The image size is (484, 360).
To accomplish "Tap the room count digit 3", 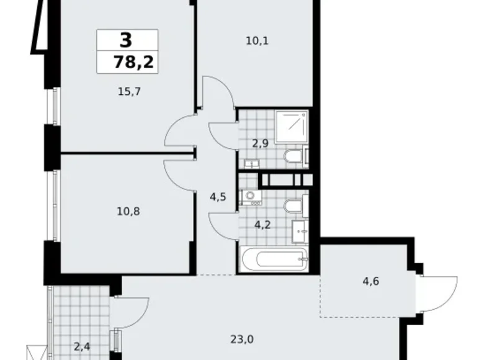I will click(x=126, y=42).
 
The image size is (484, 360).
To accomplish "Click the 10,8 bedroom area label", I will click(x=128, y=211).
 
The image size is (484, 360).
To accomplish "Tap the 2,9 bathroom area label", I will click(x=259, y=143).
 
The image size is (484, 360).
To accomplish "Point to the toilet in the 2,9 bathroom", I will click(x=292, y=156).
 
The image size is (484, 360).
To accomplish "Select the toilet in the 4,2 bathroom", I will click(x=292, y=205).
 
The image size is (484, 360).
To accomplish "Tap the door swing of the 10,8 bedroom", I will click(x=180, y=174).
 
